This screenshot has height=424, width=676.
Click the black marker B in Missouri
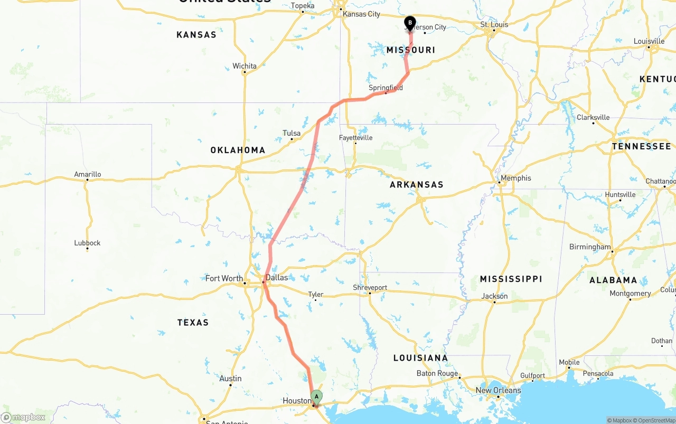[x=410, y=23]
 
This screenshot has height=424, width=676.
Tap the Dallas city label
[x=277, y=278]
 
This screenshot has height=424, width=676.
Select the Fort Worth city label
[x=224, y=278]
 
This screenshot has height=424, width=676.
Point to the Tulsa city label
[x=292, y=133]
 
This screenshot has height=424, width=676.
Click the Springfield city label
[x=386, y=88]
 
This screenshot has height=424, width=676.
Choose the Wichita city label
[x=245, y=66]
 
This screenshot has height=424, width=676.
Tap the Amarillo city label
[x=88, y=174]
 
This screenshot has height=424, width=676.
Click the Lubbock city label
[x=87, y=243]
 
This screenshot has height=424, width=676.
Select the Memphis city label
[x=515, y=178]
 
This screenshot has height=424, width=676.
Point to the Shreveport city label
[x=370, y=288]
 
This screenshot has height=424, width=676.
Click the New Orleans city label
[x=498, y=390]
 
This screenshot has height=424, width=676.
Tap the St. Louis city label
[x=494, y=24]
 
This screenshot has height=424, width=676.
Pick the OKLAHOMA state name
[x=238, y=150]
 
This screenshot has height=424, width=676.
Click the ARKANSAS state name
[x=417, y=184]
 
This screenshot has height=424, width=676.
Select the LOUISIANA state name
[x=420, y=358]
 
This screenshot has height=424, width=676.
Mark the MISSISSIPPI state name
[x=511, y=279]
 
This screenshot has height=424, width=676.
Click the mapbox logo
[x=23, y=418]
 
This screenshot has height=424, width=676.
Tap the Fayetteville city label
[x=355, y=138]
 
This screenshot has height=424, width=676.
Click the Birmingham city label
[x=590, y=247]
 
